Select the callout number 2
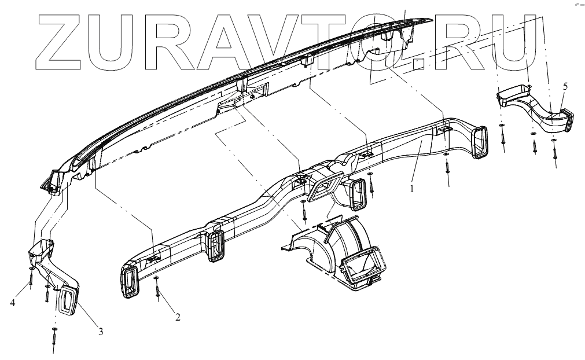[178, 317]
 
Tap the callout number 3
[101, 332]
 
